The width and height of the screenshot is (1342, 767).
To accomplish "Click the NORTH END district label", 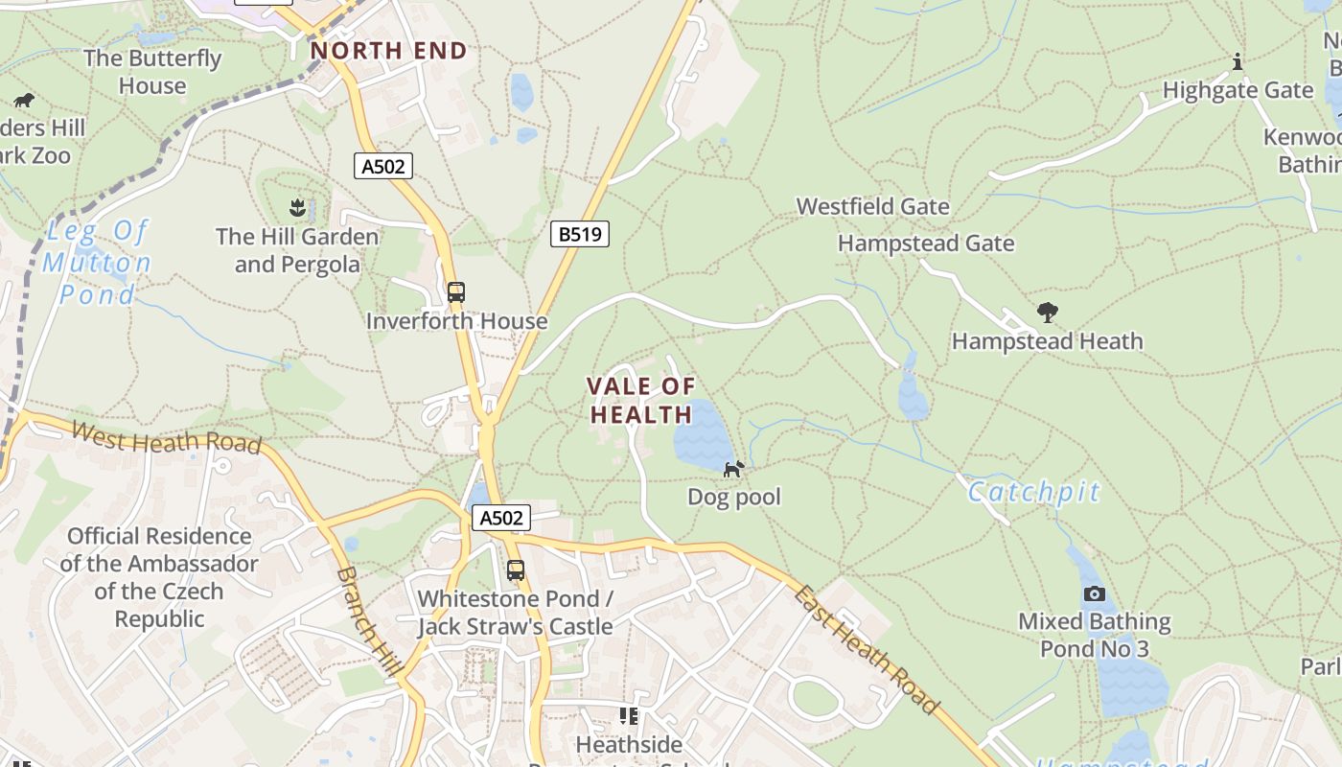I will (x=388, y=51).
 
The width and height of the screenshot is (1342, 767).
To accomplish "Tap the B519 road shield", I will (x=580, y=234).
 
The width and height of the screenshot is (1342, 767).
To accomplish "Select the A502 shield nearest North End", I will (x=382, y=166).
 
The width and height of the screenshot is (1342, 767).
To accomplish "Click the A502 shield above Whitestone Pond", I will (x=501, y=519).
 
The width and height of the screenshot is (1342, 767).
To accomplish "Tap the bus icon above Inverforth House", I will (x=456, y=292).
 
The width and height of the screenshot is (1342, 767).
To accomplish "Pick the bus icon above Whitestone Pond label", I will (x=516, y=570).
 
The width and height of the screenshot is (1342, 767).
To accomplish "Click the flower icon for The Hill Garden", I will (x=297, y=207).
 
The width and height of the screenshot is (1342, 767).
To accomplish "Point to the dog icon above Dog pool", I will (x=733, y=469).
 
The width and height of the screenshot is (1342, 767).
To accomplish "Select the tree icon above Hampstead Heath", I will (x=1047, y=313).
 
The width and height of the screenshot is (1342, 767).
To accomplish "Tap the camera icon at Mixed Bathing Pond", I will (x=1094, y=593).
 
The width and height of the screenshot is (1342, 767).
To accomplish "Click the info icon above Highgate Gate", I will (x=1238, y=62).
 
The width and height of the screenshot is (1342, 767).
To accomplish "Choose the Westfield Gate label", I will (x=872, y=206).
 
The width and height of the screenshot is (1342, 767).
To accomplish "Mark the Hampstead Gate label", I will (x=926, y=244).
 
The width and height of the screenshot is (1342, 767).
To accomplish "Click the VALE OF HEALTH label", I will (x=640, y=401).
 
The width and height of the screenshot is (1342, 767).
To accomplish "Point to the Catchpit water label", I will (x=1034, y=492).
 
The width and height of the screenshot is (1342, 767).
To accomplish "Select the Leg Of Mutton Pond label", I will (x=97, y=263).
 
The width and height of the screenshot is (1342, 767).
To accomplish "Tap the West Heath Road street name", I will (x=166, y=438).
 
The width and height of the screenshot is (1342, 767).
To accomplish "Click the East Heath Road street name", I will (x=864, y=649).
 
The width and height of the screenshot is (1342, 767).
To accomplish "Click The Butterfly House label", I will (x=152, y=72).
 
